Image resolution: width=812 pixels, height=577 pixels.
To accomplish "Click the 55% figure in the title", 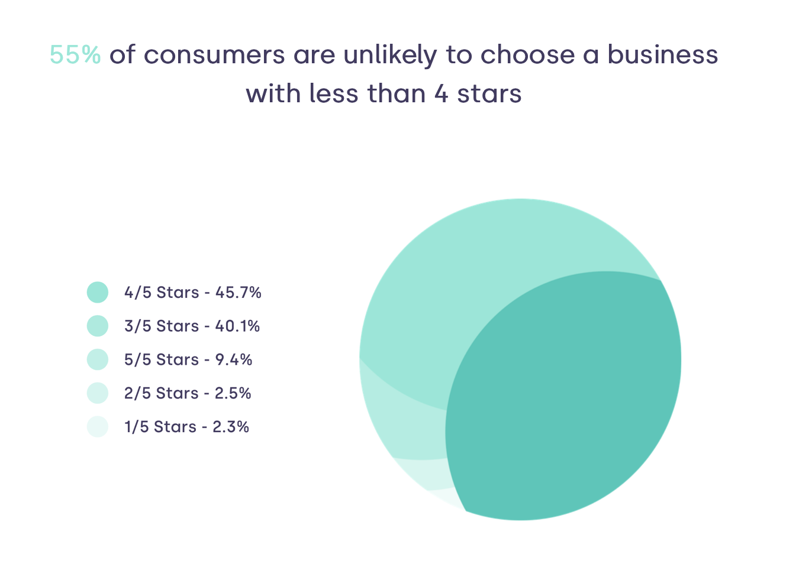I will pos(75,55).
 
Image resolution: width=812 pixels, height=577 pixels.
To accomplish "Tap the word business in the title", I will pos(662,55).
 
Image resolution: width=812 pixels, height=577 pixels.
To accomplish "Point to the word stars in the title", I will pos(489,94).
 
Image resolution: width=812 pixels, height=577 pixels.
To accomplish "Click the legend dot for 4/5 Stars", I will pos(98,292).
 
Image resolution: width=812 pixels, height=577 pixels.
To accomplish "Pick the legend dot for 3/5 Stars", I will pos(98,326).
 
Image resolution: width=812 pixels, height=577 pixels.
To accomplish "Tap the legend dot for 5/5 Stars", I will pos(98,359).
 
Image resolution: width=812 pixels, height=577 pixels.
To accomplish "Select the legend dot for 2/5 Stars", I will pos(98,393).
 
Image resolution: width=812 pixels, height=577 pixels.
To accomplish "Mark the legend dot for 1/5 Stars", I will pos(98,427).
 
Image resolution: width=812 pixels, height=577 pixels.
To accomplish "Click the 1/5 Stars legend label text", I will pos(160,427).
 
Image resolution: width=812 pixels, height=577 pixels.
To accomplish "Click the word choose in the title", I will pos(527,55).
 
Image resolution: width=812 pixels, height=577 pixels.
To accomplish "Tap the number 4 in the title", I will pos(441,94).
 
